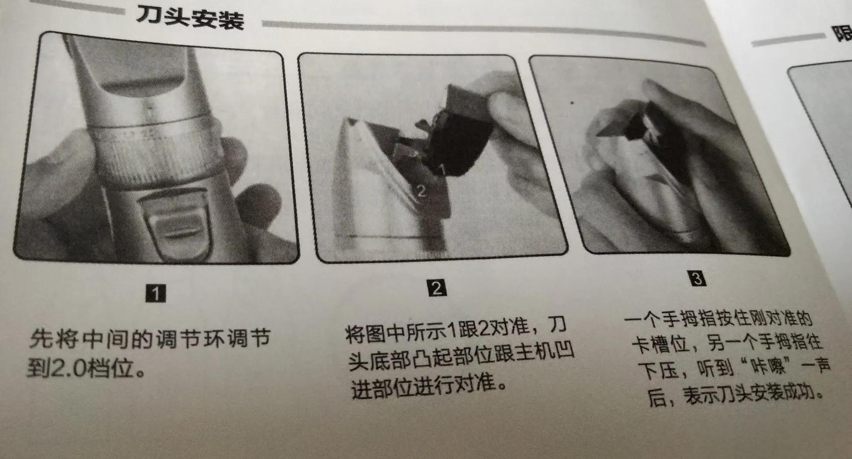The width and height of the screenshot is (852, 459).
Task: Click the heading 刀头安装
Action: click(190, 19)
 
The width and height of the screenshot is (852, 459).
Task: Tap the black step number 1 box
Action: click(156, 293)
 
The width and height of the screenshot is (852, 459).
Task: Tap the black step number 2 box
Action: click(437, 288)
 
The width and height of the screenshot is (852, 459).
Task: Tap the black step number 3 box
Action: click(697, 279)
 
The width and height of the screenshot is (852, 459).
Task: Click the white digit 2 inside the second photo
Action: click(421, 190)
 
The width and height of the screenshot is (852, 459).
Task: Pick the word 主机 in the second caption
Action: click(532, 352)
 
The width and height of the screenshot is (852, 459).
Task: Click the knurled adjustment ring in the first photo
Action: click(151, 151)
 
